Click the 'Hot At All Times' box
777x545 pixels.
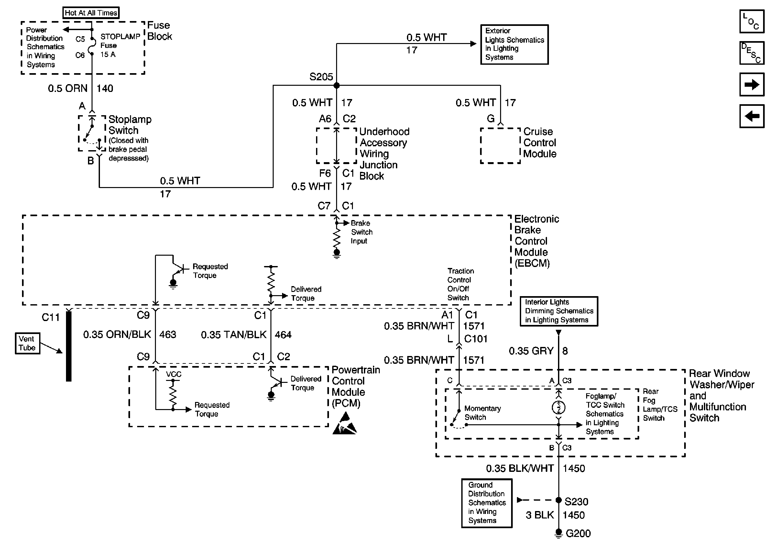91,13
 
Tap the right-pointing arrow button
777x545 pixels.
752,84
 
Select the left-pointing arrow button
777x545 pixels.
752,116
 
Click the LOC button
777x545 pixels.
752,21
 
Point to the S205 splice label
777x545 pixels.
321,77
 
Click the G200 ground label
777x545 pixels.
578,533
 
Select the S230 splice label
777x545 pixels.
576,501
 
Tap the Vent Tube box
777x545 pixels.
27,343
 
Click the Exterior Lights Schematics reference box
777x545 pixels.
514,44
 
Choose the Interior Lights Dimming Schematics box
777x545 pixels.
559,311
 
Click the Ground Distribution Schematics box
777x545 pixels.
487,503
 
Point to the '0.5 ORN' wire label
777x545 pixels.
68,88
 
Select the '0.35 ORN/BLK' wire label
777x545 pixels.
117,334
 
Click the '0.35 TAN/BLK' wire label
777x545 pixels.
234,335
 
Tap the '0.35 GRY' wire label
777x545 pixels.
531,351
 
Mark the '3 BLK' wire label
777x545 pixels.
540,515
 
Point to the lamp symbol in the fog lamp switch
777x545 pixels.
558,407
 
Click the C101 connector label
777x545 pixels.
476,339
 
